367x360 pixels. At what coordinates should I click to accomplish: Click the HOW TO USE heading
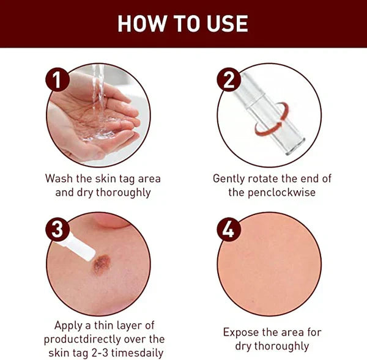(183, 23)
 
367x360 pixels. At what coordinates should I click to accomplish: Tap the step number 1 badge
(57, 81)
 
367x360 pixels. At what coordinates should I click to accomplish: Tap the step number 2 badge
(229, 81)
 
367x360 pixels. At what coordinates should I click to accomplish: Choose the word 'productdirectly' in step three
(78, 339)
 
